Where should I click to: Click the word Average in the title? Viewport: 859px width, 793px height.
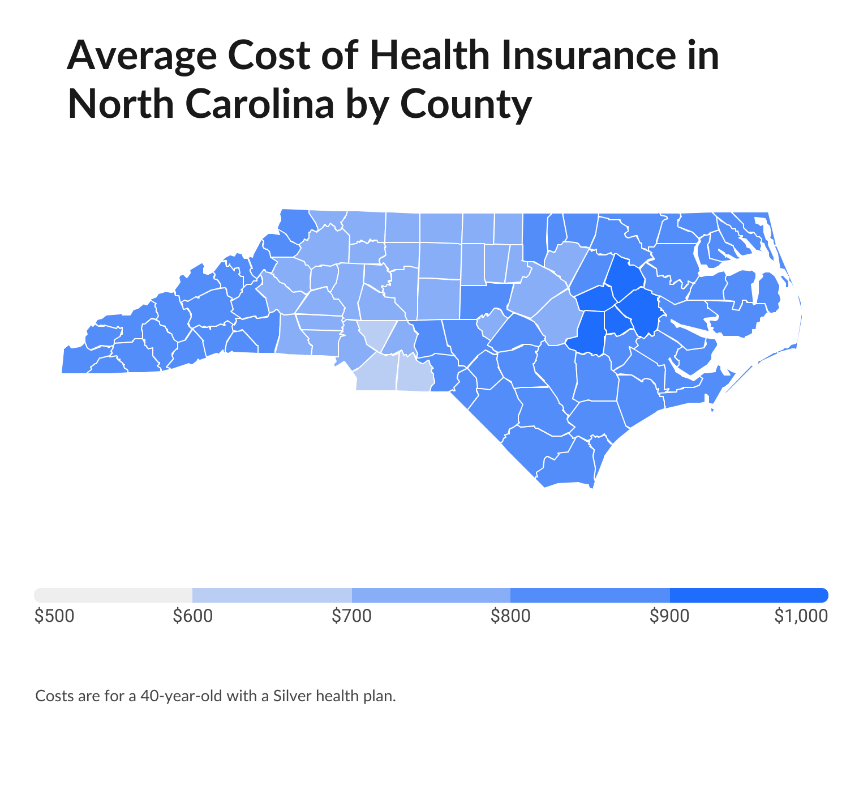[141, 57]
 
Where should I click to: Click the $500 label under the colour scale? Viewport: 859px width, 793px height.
[54, 616]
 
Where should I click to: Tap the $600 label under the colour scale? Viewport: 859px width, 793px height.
[193, 616]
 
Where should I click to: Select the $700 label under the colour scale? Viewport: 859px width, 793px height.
[352, 616]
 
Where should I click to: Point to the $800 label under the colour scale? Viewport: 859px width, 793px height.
[510, 616]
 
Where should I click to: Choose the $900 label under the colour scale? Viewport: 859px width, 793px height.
[669, 616]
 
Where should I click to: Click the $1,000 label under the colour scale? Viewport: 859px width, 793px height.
[801, 616]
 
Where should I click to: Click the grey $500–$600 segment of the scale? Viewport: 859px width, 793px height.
[113, 595]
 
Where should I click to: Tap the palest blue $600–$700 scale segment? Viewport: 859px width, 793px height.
[272, 595]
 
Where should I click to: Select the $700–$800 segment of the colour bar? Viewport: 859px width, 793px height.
[431, 595]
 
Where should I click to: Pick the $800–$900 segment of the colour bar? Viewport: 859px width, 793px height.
[590, 595]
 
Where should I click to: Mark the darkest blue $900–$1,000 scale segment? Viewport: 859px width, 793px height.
[749, 595]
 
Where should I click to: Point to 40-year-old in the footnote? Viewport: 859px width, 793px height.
[181, 696]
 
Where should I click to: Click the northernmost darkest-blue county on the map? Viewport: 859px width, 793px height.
[625, 278]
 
